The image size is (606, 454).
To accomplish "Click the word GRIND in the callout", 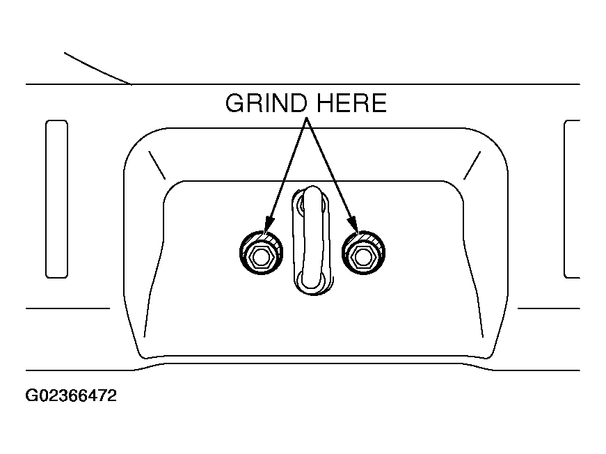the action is (x=266, y=103).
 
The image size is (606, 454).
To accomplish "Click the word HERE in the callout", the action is (x=351, y=103).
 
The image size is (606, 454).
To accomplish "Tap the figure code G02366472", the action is (x=71, y=396).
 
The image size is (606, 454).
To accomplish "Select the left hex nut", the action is (x=262, y=253).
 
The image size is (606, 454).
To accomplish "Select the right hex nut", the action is (x=363, y=253).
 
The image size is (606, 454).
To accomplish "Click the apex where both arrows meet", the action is (x=306, y=118).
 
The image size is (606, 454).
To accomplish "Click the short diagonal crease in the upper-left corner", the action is (x=157, y=165).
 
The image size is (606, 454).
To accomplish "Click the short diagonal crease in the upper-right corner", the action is (x=472, y=165).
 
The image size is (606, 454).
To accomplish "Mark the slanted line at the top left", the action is (x=97, y=69).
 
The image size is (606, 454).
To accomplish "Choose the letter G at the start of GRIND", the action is (x=234, y=103).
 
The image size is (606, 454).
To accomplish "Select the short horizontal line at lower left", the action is (x=67, y=308).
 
